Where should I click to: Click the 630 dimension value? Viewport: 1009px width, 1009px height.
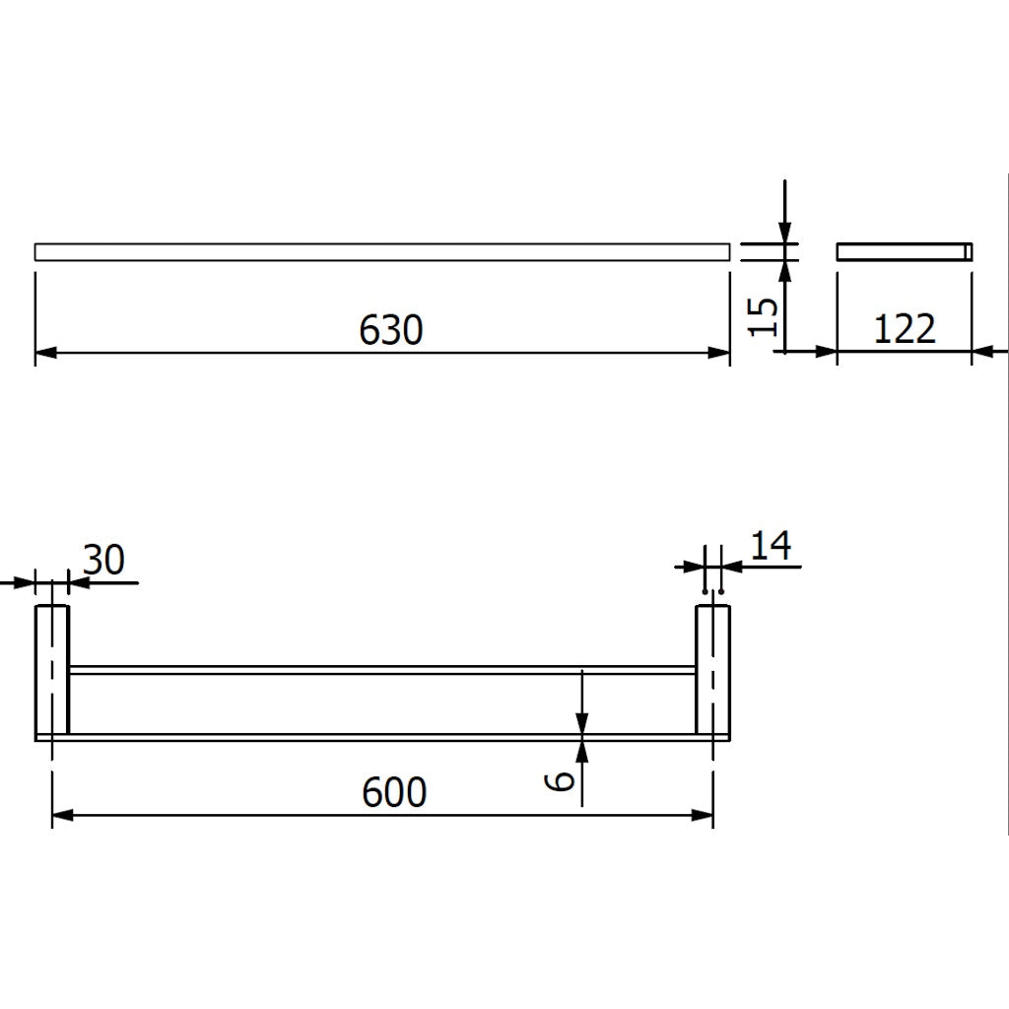pos(391,330)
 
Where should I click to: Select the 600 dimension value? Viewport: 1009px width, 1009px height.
pos(394,792)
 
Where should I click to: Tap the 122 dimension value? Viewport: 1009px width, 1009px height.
pos(904,329)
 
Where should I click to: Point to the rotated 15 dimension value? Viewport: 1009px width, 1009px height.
pos(764,315)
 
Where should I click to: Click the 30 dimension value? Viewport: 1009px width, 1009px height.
pos(102,561)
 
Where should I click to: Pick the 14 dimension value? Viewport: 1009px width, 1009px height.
pos(771,545)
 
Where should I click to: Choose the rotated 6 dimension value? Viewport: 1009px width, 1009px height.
pos(561,781)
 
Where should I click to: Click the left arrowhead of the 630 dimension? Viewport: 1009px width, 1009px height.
pos(45,351)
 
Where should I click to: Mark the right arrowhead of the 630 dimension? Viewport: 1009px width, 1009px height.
pos(719,351)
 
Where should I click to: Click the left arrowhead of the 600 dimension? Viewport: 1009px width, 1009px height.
pos(62,815)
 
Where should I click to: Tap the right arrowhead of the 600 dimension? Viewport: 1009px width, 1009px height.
pos(704,815)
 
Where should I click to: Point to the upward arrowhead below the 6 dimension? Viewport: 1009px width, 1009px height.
pos(582,751)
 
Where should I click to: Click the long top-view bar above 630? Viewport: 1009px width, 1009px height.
pos(382,252)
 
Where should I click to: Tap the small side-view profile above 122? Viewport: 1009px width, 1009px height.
pos(904,252)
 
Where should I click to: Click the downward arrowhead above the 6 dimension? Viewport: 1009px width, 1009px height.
pos(582,722)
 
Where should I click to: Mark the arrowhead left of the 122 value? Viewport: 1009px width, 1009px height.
pos(827,351)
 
